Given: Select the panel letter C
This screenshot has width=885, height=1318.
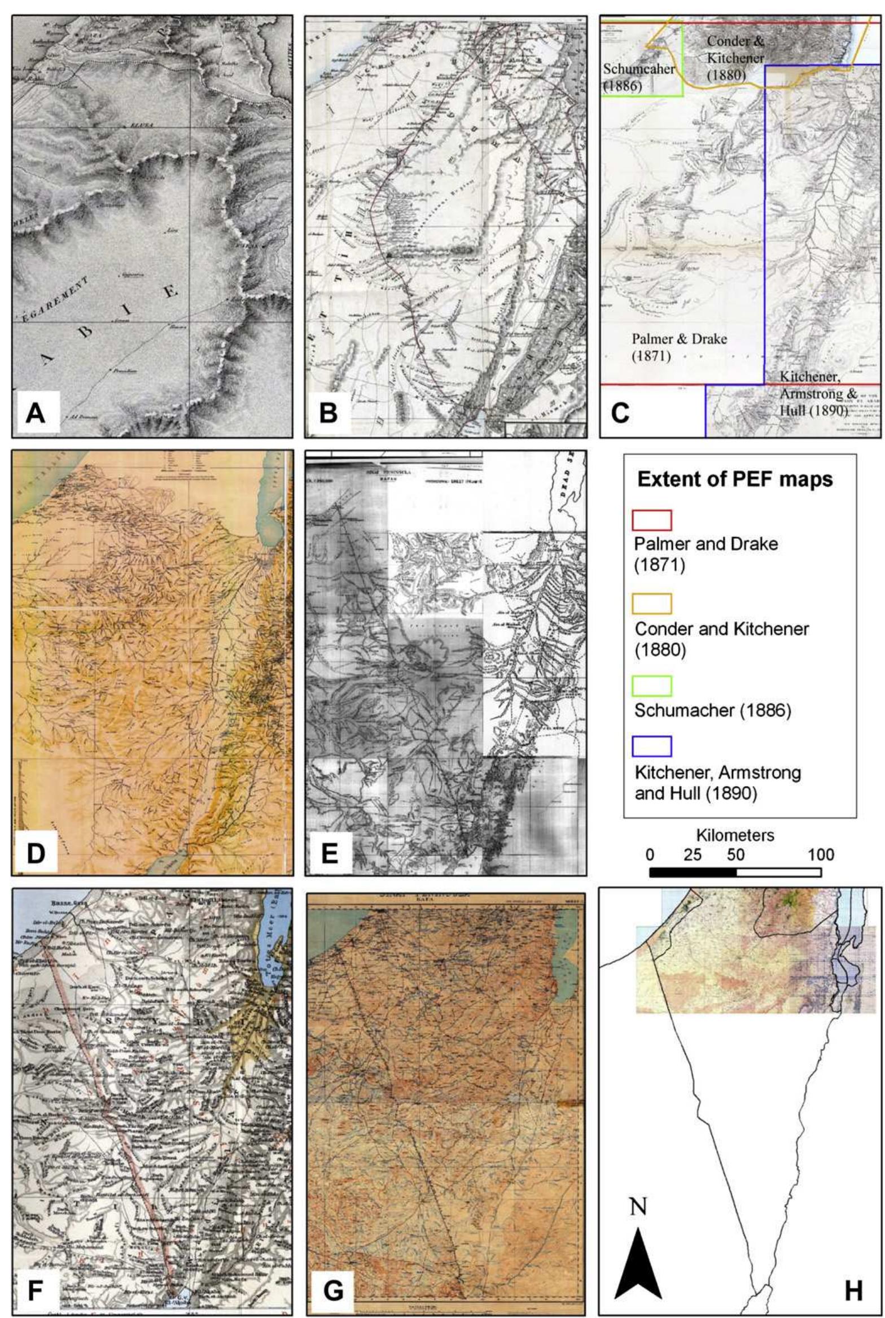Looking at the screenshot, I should click(619, 413).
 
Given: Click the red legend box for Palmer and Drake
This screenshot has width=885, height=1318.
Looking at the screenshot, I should click(652, 520).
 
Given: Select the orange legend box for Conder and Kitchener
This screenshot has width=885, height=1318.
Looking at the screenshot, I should click(652, 604).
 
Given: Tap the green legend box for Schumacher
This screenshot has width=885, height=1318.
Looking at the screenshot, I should click(652, 686).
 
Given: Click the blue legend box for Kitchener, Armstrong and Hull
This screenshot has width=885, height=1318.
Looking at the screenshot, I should click(652, 746).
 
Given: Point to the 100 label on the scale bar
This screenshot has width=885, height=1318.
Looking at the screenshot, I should click(820, 855).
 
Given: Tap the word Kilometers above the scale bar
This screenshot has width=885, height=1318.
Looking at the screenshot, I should click(735, 835).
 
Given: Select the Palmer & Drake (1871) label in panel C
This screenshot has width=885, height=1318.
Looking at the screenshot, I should click(679, 347).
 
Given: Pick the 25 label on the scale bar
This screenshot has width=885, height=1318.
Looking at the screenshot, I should click(693, 855).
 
